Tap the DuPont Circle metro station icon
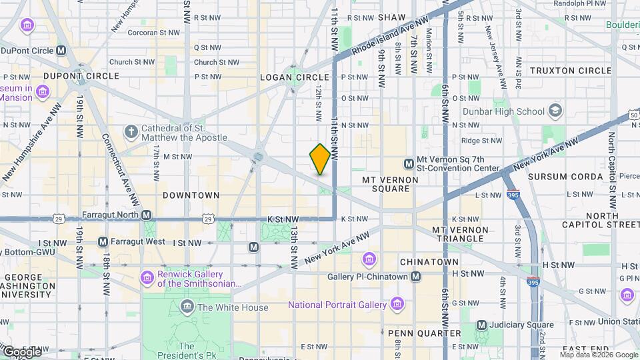coord(61,51)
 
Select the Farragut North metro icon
coord(146,215)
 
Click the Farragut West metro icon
coord(103,241)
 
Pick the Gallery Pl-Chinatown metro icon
coord(415,276)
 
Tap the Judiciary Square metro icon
coord(482,325)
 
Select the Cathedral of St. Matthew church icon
coord(131,133)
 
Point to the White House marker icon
coord(187,307)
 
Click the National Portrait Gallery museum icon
coord(397,305)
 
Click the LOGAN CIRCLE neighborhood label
coord(295,77)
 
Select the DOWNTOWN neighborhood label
coord(191,195)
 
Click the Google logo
coord(21,351)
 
